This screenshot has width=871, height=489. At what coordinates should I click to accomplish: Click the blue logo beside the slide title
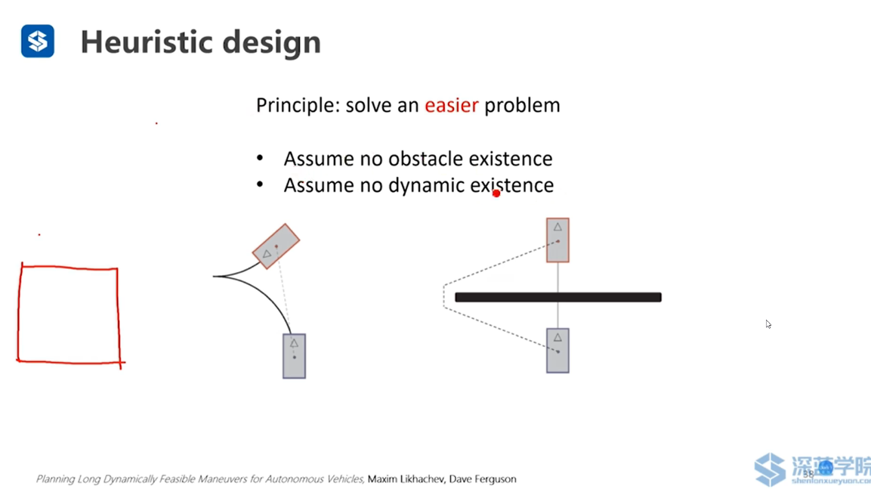[38, 41]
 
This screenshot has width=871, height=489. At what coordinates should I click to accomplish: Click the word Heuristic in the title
[147, 42]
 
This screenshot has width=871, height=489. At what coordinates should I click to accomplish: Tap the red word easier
[451, 105]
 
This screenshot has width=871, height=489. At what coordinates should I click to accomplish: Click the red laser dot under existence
[496, 193]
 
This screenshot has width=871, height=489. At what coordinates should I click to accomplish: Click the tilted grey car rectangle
[276, 246]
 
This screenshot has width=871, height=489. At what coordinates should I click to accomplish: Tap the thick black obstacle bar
[558, 297]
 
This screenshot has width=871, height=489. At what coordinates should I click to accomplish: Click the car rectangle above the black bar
[558, 240]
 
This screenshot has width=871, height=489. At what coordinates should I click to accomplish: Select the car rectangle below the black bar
[558, 351]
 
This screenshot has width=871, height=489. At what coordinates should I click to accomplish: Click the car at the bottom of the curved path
[295, 356]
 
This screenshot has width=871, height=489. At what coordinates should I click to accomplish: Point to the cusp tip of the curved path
[213, 276]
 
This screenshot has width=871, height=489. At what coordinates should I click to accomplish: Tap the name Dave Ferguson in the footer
[483, 479]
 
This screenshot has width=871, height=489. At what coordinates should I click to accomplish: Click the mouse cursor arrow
[768, 324]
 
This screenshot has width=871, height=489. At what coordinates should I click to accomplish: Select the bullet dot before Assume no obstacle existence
[260, 159]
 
